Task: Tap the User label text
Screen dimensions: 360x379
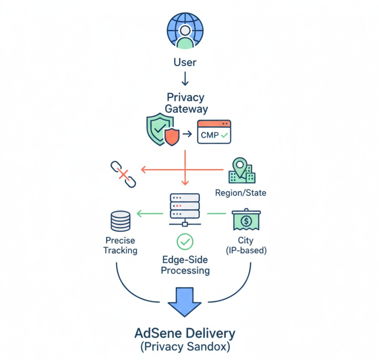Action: tap(185, 62)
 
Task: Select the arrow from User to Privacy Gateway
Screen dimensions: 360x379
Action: tap(185, 78)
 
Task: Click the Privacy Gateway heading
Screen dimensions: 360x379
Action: tap(186, 103)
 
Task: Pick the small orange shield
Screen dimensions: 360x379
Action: tap(171, 137)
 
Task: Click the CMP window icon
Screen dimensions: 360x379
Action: tap(214, 131)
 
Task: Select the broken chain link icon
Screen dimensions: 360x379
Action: tap(123, 174)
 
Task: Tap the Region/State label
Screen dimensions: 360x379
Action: tap(241, 192)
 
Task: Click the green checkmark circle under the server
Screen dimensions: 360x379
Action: tap(185, 242)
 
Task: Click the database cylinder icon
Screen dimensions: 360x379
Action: tap(120, 220)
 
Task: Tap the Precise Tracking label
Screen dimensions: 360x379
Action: tap(120, 245)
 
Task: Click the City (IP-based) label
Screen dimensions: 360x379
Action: tap(246, 245)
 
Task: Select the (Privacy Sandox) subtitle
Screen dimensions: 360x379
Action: tap(185, 348)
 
